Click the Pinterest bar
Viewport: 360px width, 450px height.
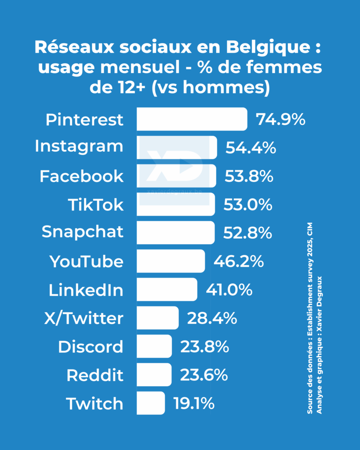[192, 119]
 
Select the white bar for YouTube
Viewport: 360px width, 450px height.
[171, 261]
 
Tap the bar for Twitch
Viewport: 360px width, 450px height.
[151, 403]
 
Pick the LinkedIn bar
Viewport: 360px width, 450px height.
[167, 290]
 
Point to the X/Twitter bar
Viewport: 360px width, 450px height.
[158, 318]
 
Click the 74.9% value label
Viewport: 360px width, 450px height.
[281, 120]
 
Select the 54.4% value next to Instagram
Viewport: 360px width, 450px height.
[251, 148]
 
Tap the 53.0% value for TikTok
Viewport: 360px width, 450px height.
[248, 205]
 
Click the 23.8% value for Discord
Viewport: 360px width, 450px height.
[204, 347]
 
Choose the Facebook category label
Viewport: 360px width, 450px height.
[82, 177]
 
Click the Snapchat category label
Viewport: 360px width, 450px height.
[83, 232]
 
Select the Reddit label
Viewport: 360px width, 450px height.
[95, 375]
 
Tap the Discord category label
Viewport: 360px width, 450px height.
[91, 347]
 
